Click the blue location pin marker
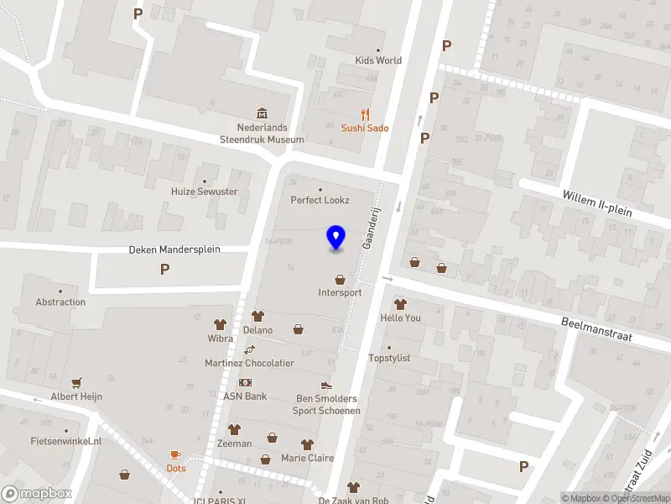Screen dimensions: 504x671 coord(336,238)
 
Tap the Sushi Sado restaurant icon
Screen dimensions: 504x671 coord(365,114)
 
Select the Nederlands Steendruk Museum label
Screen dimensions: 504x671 coord(262,133)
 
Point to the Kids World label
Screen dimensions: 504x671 coord(378,60)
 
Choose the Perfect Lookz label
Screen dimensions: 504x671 coord(319,200)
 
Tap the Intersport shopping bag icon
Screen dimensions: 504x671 coord(340,280)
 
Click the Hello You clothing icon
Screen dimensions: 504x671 coord(400,304)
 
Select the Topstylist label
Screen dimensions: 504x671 coord(389,358)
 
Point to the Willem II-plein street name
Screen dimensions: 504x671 coord(597,203)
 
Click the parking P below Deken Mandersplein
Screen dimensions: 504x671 coord(164,270)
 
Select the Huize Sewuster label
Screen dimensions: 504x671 coord(205,192)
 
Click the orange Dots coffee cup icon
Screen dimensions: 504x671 coord(175,454)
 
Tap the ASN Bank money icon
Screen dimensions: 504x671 coord(245,382)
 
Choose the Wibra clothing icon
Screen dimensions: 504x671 coord(221,324)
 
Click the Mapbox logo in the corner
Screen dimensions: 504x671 coord(35,494)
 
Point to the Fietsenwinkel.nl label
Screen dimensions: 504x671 coord(65,441)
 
